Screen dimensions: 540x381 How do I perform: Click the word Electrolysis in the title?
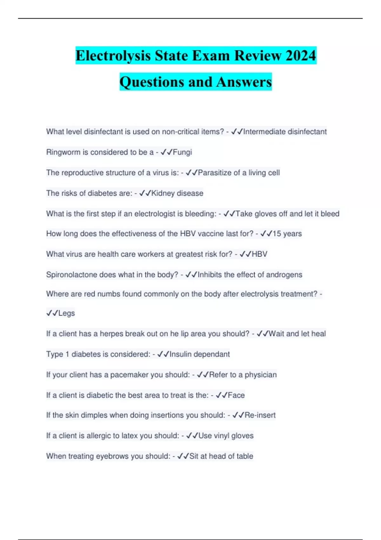click(x=113, y=56)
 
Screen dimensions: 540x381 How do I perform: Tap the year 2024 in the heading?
click(x=300, y=56)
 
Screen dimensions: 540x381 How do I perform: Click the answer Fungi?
click(x=182, y=152)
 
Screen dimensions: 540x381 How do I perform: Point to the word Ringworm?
click(x=63, y=152)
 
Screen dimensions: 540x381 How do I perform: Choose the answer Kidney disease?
click(x=177, y=193)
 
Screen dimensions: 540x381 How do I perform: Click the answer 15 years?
click(x=287, y=234)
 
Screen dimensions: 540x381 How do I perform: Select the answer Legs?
click(x=66, y=313)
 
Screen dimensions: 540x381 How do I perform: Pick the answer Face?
click(x=236, y=395)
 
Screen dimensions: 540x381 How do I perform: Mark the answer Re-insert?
click(x=260, y=415)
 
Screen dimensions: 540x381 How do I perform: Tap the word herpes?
click(x=111, y=334)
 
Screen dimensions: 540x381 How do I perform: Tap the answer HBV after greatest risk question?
click(x=259, y=254)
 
